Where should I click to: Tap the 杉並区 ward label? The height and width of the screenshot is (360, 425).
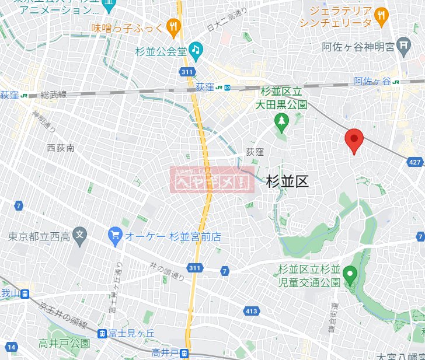point(287,181)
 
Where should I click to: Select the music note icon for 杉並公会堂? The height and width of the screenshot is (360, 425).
point(196,50)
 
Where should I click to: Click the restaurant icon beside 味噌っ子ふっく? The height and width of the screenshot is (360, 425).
point(173,26)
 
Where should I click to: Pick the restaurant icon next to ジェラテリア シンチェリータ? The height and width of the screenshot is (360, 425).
point(381,16)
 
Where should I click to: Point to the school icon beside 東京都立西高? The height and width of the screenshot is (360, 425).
point(81,237)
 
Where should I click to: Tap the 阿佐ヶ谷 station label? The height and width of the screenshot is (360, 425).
point(372,82)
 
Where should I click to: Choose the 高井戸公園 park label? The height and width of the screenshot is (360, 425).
point(65,343)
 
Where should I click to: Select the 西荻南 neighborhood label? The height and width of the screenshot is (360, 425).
point(61,148)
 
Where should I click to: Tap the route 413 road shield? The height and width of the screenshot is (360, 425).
point(252,311)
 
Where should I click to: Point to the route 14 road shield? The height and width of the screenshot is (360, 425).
point(11,348)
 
